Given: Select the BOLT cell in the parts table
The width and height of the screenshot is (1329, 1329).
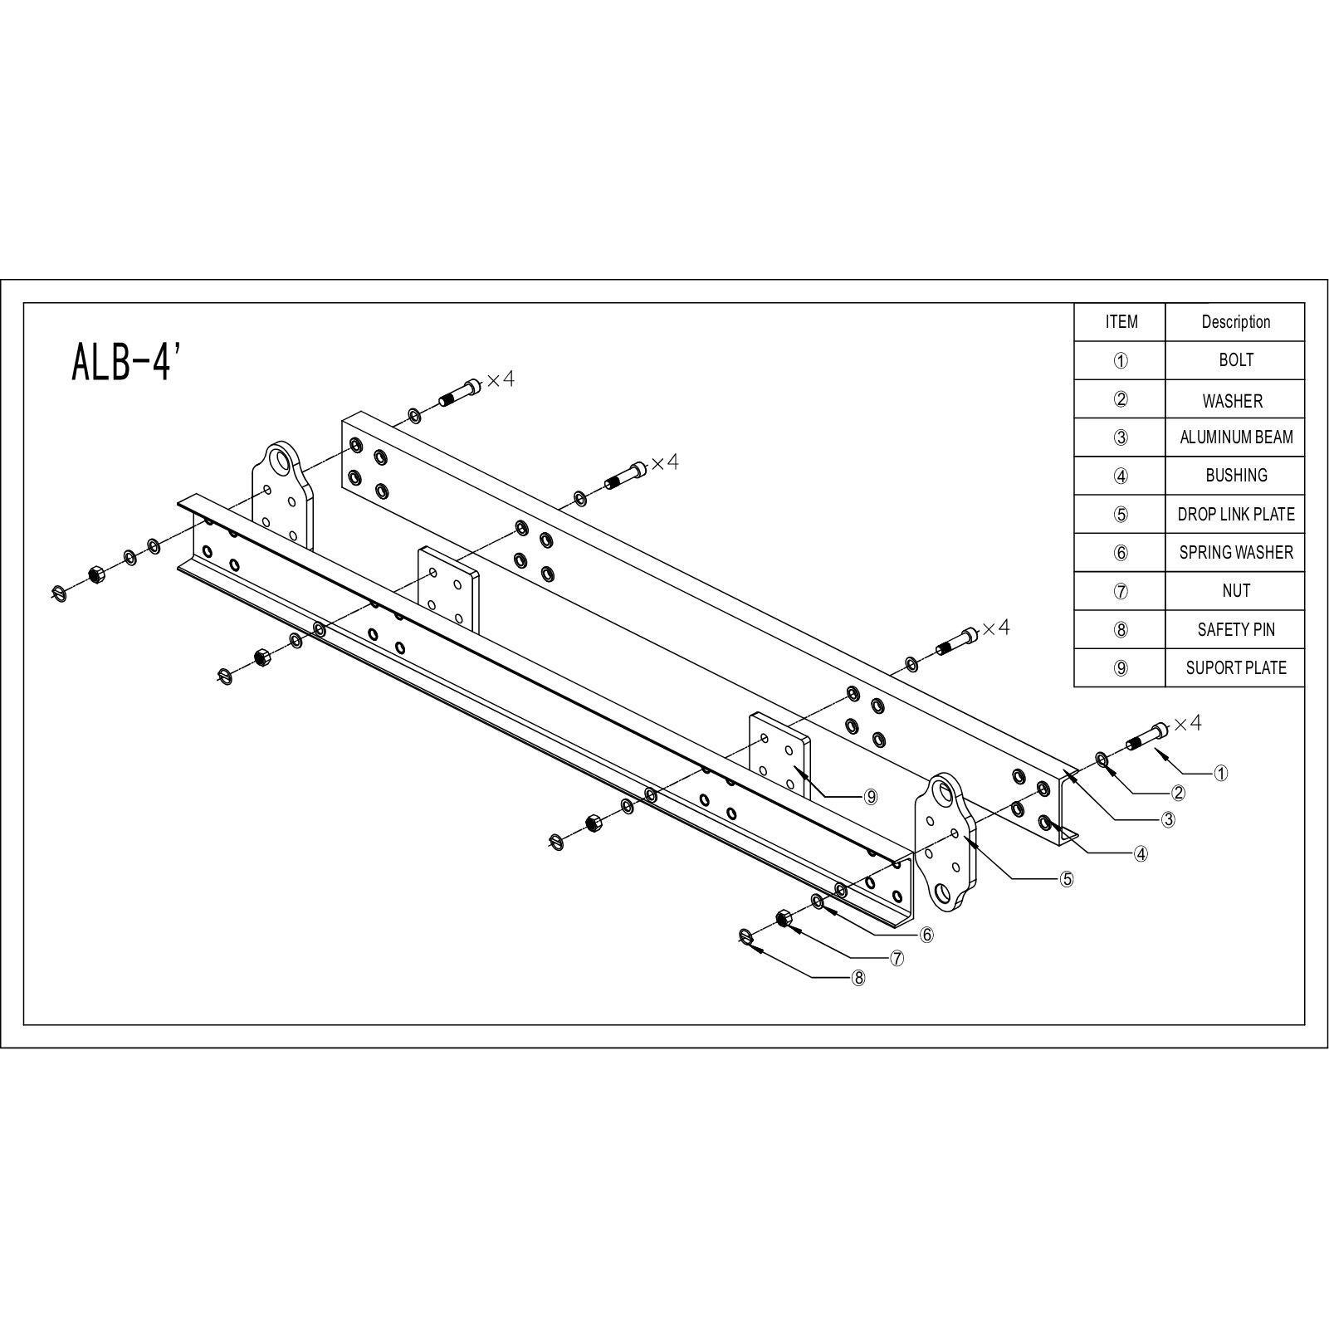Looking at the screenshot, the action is [1235, 360].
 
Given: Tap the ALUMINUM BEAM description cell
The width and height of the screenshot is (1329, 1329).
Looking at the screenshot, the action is [1235, 437].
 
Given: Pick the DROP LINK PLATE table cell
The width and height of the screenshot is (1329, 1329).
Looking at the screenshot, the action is [1235, 514].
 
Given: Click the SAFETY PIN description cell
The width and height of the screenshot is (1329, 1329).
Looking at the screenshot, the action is [1235, 629].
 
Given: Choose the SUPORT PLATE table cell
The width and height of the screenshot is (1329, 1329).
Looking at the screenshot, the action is [1235, 667].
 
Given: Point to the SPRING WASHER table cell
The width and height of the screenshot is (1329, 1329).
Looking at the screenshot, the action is [1235, 552].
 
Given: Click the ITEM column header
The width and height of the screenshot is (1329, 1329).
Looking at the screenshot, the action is [1121, 322].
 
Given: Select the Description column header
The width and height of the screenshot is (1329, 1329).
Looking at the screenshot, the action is [1235, 322].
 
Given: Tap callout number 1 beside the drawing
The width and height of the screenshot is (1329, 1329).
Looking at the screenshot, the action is [1220, 773].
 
